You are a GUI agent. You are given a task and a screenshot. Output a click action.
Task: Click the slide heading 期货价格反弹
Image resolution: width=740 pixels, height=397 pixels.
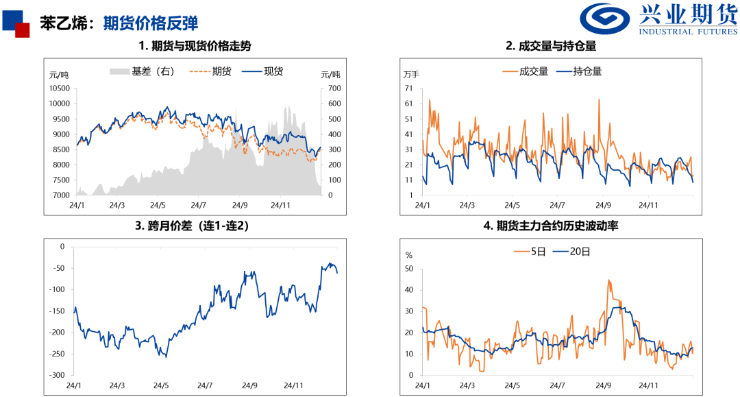(x=150, y=23)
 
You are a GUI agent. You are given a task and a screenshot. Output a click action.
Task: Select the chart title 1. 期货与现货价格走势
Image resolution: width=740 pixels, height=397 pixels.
(x=195, y=47)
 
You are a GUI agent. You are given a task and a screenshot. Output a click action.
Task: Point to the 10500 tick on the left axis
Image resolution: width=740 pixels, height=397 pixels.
(x=60, y=88)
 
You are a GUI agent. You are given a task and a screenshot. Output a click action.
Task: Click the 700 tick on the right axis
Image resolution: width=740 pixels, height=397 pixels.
(x=334, y=88)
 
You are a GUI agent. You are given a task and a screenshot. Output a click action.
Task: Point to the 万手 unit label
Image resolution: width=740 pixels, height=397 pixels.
(x=411, y=74)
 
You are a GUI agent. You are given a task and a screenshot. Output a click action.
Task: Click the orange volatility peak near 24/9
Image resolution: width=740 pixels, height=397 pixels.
(x=608, y=280)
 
